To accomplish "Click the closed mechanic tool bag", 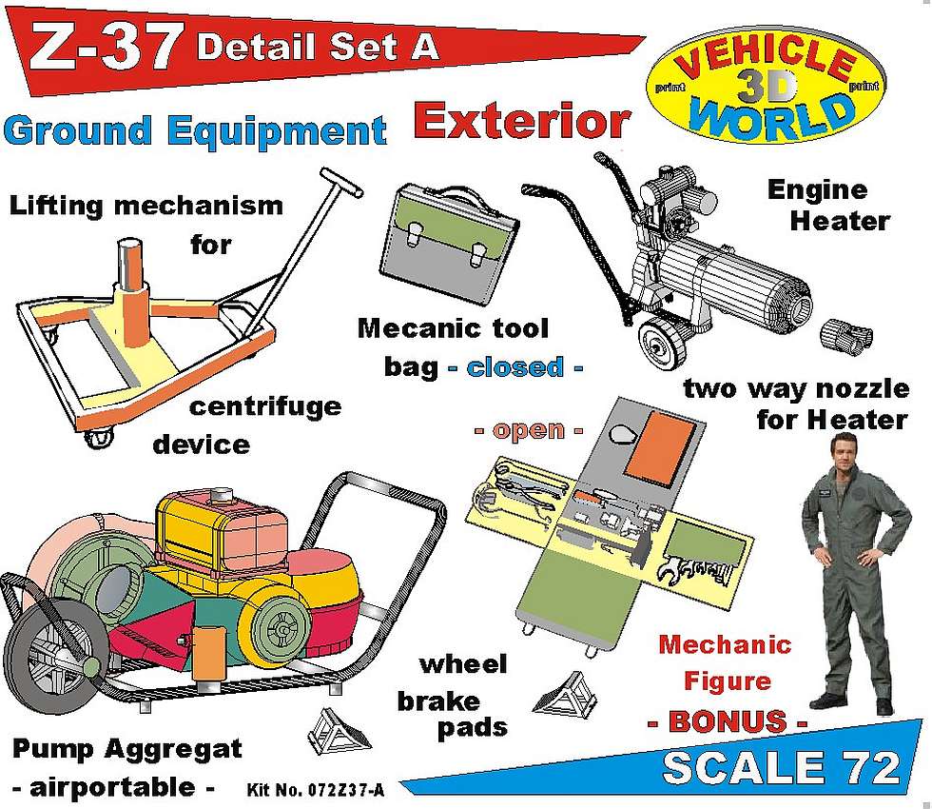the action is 449,240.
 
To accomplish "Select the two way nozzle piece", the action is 845,336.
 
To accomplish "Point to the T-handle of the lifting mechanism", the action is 341,182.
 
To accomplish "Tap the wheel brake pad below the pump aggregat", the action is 338,731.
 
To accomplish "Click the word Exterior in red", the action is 521,121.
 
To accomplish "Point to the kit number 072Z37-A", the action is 316,789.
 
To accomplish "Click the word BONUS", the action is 728,721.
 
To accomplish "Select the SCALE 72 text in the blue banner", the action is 781,767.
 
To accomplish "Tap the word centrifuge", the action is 265,407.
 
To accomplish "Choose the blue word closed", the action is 515,367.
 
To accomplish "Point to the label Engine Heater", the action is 828,206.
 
